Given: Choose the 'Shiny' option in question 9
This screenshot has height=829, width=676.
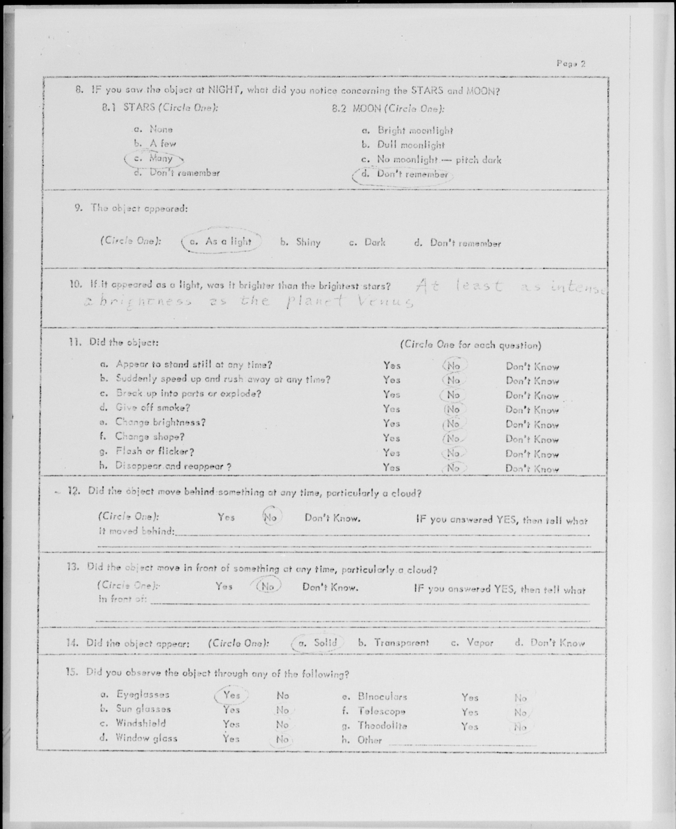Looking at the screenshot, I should tap(308, 242).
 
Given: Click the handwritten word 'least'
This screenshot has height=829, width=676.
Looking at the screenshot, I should tap(479, 286).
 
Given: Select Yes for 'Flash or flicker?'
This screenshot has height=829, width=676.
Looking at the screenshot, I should tap(391, 453).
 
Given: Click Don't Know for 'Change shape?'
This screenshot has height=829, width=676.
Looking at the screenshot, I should tap(532, 439).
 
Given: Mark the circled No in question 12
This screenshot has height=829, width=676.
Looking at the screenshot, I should tap(270, 518).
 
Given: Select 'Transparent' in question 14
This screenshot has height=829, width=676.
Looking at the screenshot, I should tap(401, 643).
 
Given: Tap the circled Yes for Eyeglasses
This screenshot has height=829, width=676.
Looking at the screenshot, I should tap(232, 695).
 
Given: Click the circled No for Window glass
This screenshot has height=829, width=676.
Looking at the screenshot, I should tap(282, 739).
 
